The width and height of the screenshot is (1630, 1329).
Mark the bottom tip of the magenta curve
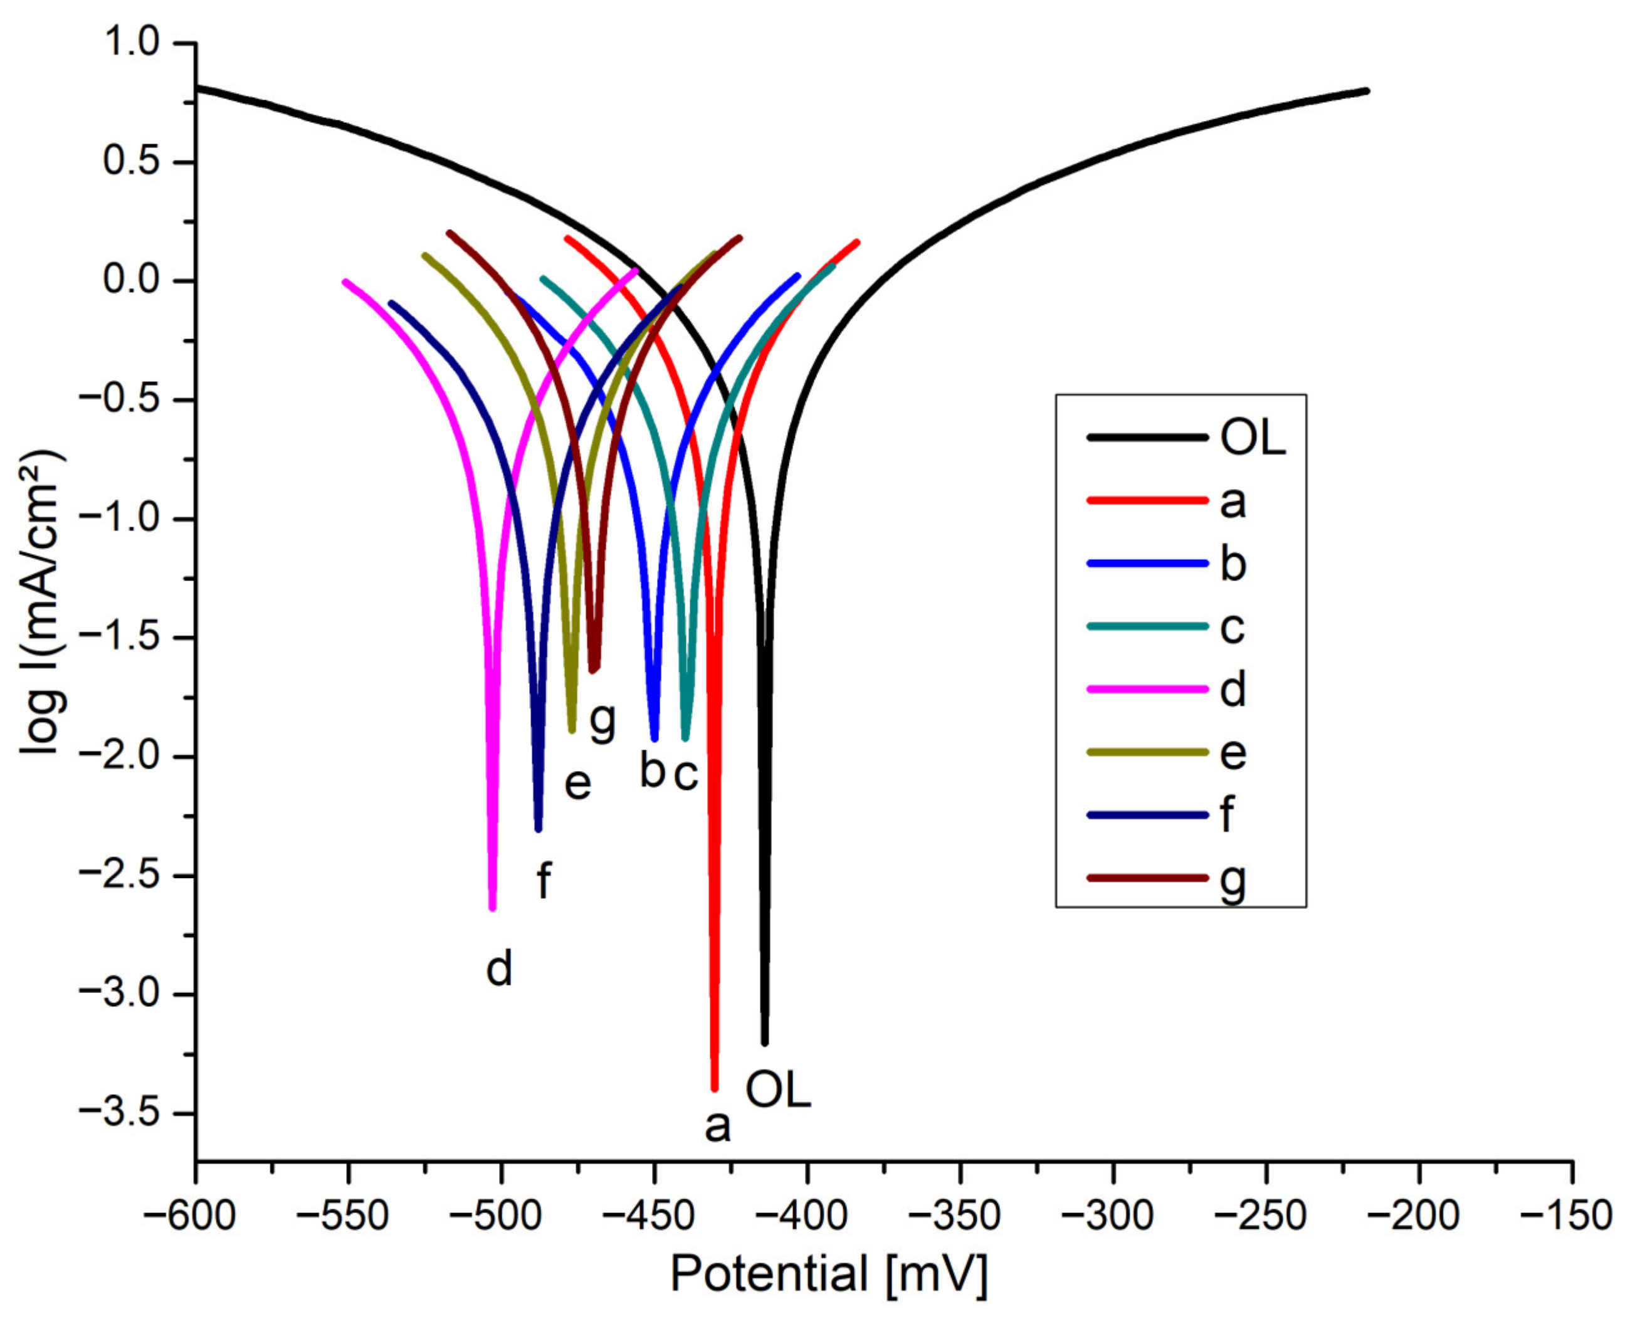(492, 908)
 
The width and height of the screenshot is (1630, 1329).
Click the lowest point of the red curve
(714, 1088)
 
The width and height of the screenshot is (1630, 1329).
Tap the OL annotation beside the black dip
(777, 1090)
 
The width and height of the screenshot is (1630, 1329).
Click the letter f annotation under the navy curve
(543, 881)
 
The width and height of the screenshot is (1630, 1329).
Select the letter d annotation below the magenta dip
(499, 969)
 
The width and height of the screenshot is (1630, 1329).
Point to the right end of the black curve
(1367, 91)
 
